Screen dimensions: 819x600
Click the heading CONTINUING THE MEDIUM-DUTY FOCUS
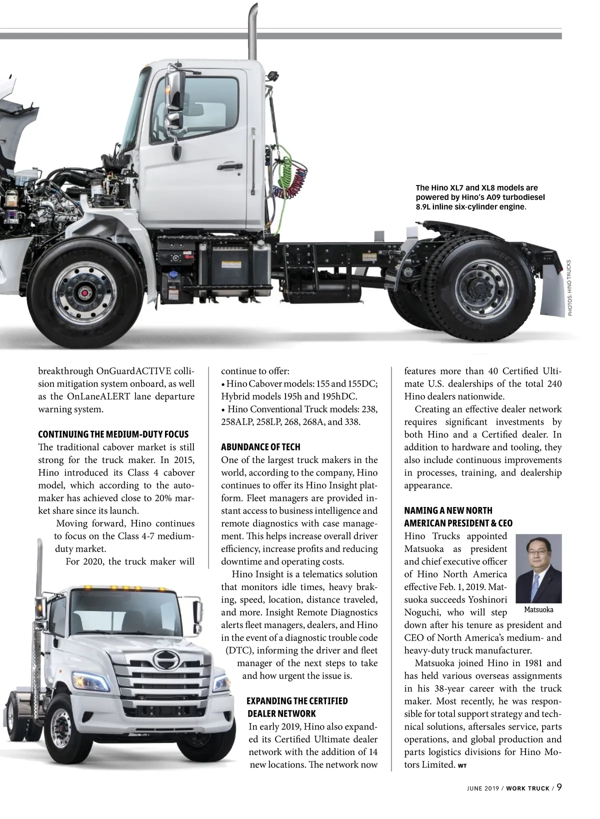pyautogui.click(x=113, y=434)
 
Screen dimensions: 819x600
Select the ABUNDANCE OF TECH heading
pyautogui.click(x=260, y=446)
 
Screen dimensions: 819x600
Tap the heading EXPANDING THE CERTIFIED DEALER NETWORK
pyautogui.click(x=297, y=707)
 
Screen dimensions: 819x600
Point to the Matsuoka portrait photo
pyautogui.click(x=538, y=568)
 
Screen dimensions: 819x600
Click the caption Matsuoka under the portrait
pyautogui.click(x=538, y=609)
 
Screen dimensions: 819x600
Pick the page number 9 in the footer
pyautogui.click(x=559, y=787)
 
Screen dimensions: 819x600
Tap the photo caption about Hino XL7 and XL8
pyautogui.click(x=480, y=197)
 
